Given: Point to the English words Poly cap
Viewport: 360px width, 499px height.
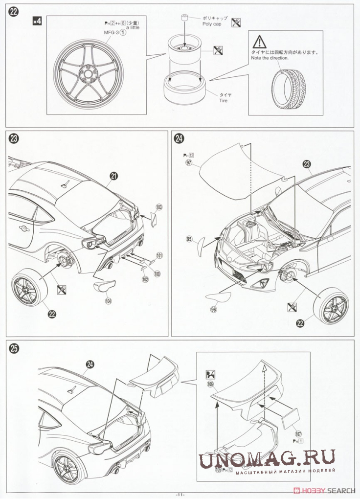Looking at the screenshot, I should tap(213, 23).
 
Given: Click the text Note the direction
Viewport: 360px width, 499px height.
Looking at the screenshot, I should tap(270, 58).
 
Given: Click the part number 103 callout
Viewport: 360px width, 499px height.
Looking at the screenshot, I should tap(158, 207).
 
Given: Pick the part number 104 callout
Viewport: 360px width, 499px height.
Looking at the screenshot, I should tap(108, 302).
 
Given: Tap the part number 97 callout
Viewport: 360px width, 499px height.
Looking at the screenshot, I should tap(188, 163).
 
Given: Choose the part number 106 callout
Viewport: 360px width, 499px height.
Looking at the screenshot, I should tap(210, 384).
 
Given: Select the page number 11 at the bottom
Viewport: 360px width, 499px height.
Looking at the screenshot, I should tap(180, 495).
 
